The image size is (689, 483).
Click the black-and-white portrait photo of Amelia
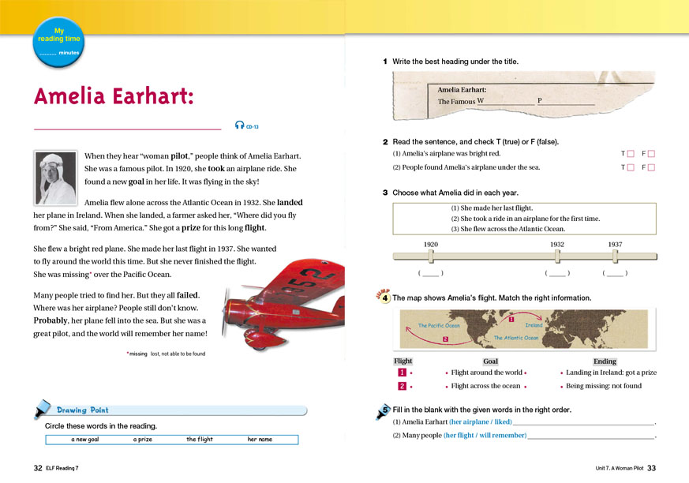pyautogui.click(x=56, y=178)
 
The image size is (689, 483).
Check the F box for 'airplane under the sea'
pyautogui.click(x=652, y=167)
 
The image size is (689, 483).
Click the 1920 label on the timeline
pyautogui.click(x=431, y=245)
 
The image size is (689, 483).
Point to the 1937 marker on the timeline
pyautogui.click(x=616, y=256)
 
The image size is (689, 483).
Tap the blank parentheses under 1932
pyautogui.click(x=557, y=273)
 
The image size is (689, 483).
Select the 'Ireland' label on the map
pyautogui.click(x=534, y=325)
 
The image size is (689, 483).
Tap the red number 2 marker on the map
pyautogui.click(x=445, y=339)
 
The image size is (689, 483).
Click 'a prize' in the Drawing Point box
pyautogui.click(x=143, y=439)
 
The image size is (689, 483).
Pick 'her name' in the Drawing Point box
pyautogui.click(x=260, y=439)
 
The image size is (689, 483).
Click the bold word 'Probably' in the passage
pyautogui.click(x=51, y=321)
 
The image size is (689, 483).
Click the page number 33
pyautogui.click(x=651, y=468)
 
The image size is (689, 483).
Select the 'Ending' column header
pyautogui.click(x=605, y=361)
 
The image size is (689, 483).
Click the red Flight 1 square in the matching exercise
pyautogui.click(x=403, y=373)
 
